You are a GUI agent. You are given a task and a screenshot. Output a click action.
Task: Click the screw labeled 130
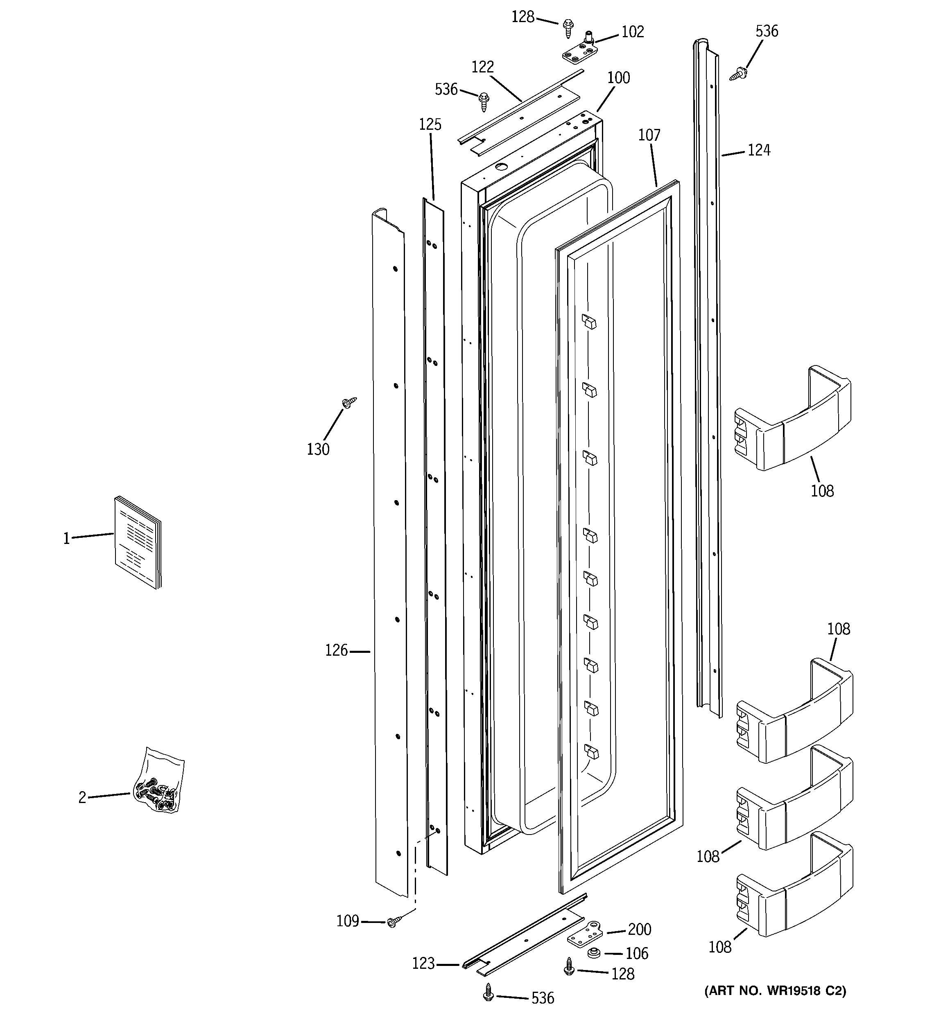tap(349, 403)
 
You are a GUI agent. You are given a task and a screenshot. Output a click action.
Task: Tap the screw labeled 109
tap(394, 921)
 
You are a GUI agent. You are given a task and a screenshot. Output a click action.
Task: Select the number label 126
tap(337, 651)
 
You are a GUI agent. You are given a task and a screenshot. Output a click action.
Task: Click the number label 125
tap(430, 124)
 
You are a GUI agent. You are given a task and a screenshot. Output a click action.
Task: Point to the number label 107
tap(649, 135)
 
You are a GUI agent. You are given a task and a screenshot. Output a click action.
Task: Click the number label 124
tap(759, 150)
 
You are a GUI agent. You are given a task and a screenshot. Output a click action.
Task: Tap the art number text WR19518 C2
tap(775, 990)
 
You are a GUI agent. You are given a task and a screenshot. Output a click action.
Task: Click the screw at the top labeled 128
tap(568, 27)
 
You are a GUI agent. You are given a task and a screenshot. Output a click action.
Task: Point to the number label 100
tap(619, 78)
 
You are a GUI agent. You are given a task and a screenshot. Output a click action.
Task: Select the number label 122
tap(482, 67)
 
